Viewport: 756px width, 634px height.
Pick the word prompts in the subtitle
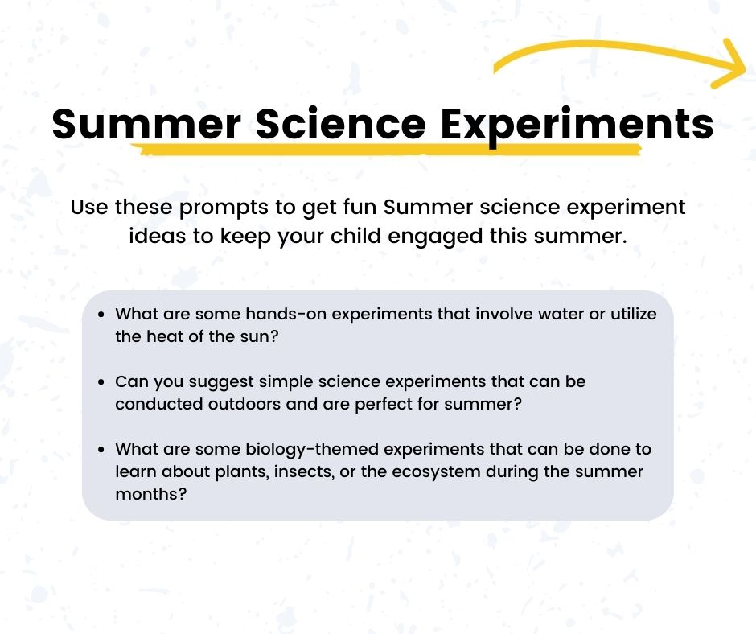222,207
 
